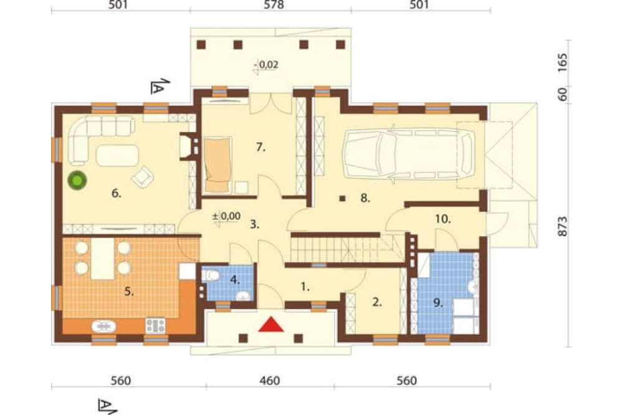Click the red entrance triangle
point(271,325)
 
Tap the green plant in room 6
point(77,181)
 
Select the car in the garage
point(409,153)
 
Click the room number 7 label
point(260,148)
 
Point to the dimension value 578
point(274,5)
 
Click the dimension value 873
point(563,227)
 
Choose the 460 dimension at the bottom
point(270,381)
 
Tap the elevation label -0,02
point(268,64)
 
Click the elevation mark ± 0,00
point(227,216)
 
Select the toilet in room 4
point(211,275)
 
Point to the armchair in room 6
point(143,176)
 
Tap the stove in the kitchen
point(156,325)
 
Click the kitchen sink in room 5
point(103,326)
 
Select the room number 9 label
point(437,303)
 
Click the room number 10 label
point(442,219)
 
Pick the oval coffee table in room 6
point(118,155)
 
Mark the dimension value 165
point(563,62)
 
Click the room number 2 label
point(377,302)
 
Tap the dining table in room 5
point(103,259)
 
